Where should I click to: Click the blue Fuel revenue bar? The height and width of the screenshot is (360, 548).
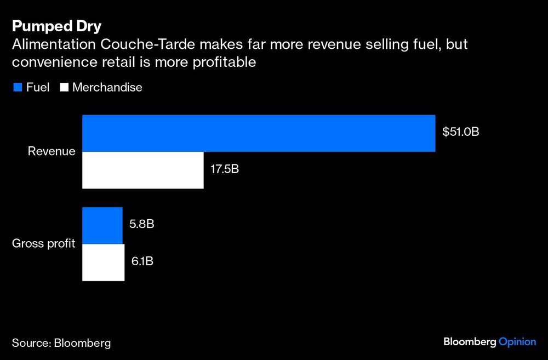[x=259, y=133]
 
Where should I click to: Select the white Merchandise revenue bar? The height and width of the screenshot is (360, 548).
[x=143, y=170]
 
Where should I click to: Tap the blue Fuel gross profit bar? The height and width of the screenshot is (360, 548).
[x=102, y=226]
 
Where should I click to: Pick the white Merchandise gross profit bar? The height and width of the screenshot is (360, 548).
[x=104, y=262]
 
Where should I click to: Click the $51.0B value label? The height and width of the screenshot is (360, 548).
[x=461, y=132]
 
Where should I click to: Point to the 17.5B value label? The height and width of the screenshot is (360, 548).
[x=225, y=169]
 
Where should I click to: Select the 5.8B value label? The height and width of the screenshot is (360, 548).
[x=141, y=225]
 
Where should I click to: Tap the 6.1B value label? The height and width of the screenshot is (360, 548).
[x=141, y=261]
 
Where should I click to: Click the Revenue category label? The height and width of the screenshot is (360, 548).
[x=52, y=151]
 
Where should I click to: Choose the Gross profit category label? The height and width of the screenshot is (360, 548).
[x=44, y=244]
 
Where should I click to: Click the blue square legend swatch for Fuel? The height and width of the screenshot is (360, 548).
[x=17, y=88]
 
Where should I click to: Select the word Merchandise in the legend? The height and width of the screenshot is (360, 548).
[x=107, y=88]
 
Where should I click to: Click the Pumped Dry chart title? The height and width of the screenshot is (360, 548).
[x=56, y=27]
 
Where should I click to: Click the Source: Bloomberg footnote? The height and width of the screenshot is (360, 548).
[x=61, y=343]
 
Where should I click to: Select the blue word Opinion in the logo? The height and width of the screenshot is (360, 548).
[x=517, y=342]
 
